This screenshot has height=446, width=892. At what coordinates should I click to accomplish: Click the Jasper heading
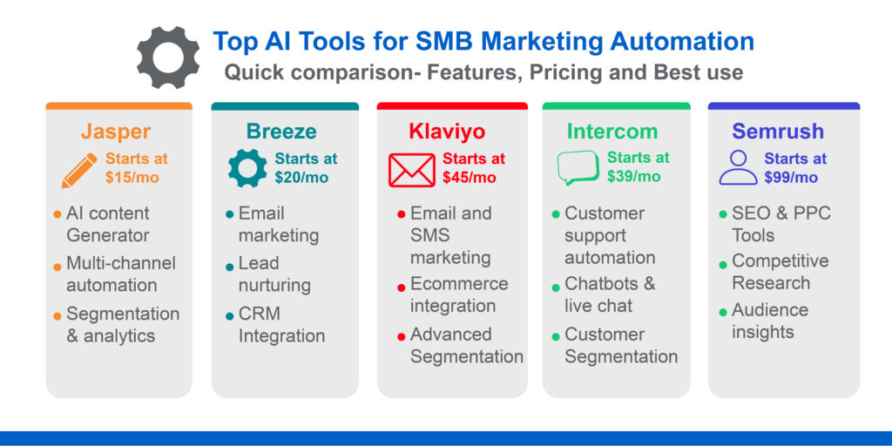pyautogui.click(x=116, y=132)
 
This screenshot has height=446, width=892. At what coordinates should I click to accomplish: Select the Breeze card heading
pyautogui.click(x=281, y=132)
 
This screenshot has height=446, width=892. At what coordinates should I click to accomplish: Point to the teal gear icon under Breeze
pyautogui.click(x=247, y=168)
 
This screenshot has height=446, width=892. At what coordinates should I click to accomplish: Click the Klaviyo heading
pyautogui.click(x=447, y=132)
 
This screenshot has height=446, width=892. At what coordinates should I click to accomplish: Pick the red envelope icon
pyautogui.click(x=411, y=169)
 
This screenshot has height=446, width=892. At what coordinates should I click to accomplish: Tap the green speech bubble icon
pyautogui.click(x=578, y=168)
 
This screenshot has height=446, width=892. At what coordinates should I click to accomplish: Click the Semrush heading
pyautogui.click(x=778, y=132)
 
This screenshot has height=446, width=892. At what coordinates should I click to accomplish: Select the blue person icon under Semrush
pyautogui.click(x=738, y=167)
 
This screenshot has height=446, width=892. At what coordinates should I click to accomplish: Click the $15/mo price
pyautogui.click(x=132, y=178)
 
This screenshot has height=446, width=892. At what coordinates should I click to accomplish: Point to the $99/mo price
pyautogui.click(x=791, y=178)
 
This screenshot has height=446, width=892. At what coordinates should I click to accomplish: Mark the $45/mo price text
pyautogui.click(x=469, y=178)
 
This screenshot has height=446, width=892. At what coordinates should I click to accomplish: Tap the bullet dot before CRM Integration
pyautogui.click(x=229, y=315)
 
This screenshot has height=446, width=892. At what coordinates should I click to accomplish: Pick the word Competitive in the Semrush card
pyautogui.click(x=780, y=261)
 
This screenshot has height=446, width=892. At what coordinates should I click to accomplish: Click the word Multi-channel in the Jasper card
pyautogui.click(x=121, y=263)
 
